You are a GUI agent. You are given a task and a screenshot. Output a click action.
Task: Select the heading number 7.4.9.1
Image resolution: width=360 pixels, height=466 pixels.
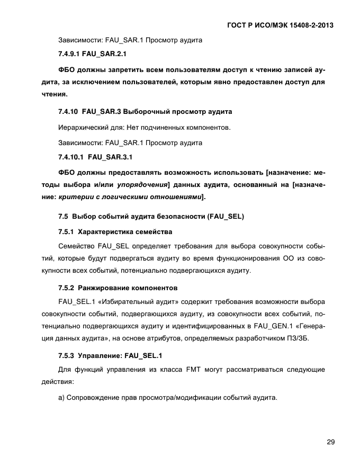[x=69, y=54]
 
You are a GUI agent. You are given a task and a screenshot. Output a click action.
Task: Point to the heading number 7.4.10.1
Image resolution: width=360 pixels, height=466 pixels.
[x=71, y=157]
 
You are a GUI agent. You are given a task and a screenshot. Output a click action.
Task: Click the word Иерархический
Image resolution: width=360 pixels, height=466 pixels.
[x=82, y=128]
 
